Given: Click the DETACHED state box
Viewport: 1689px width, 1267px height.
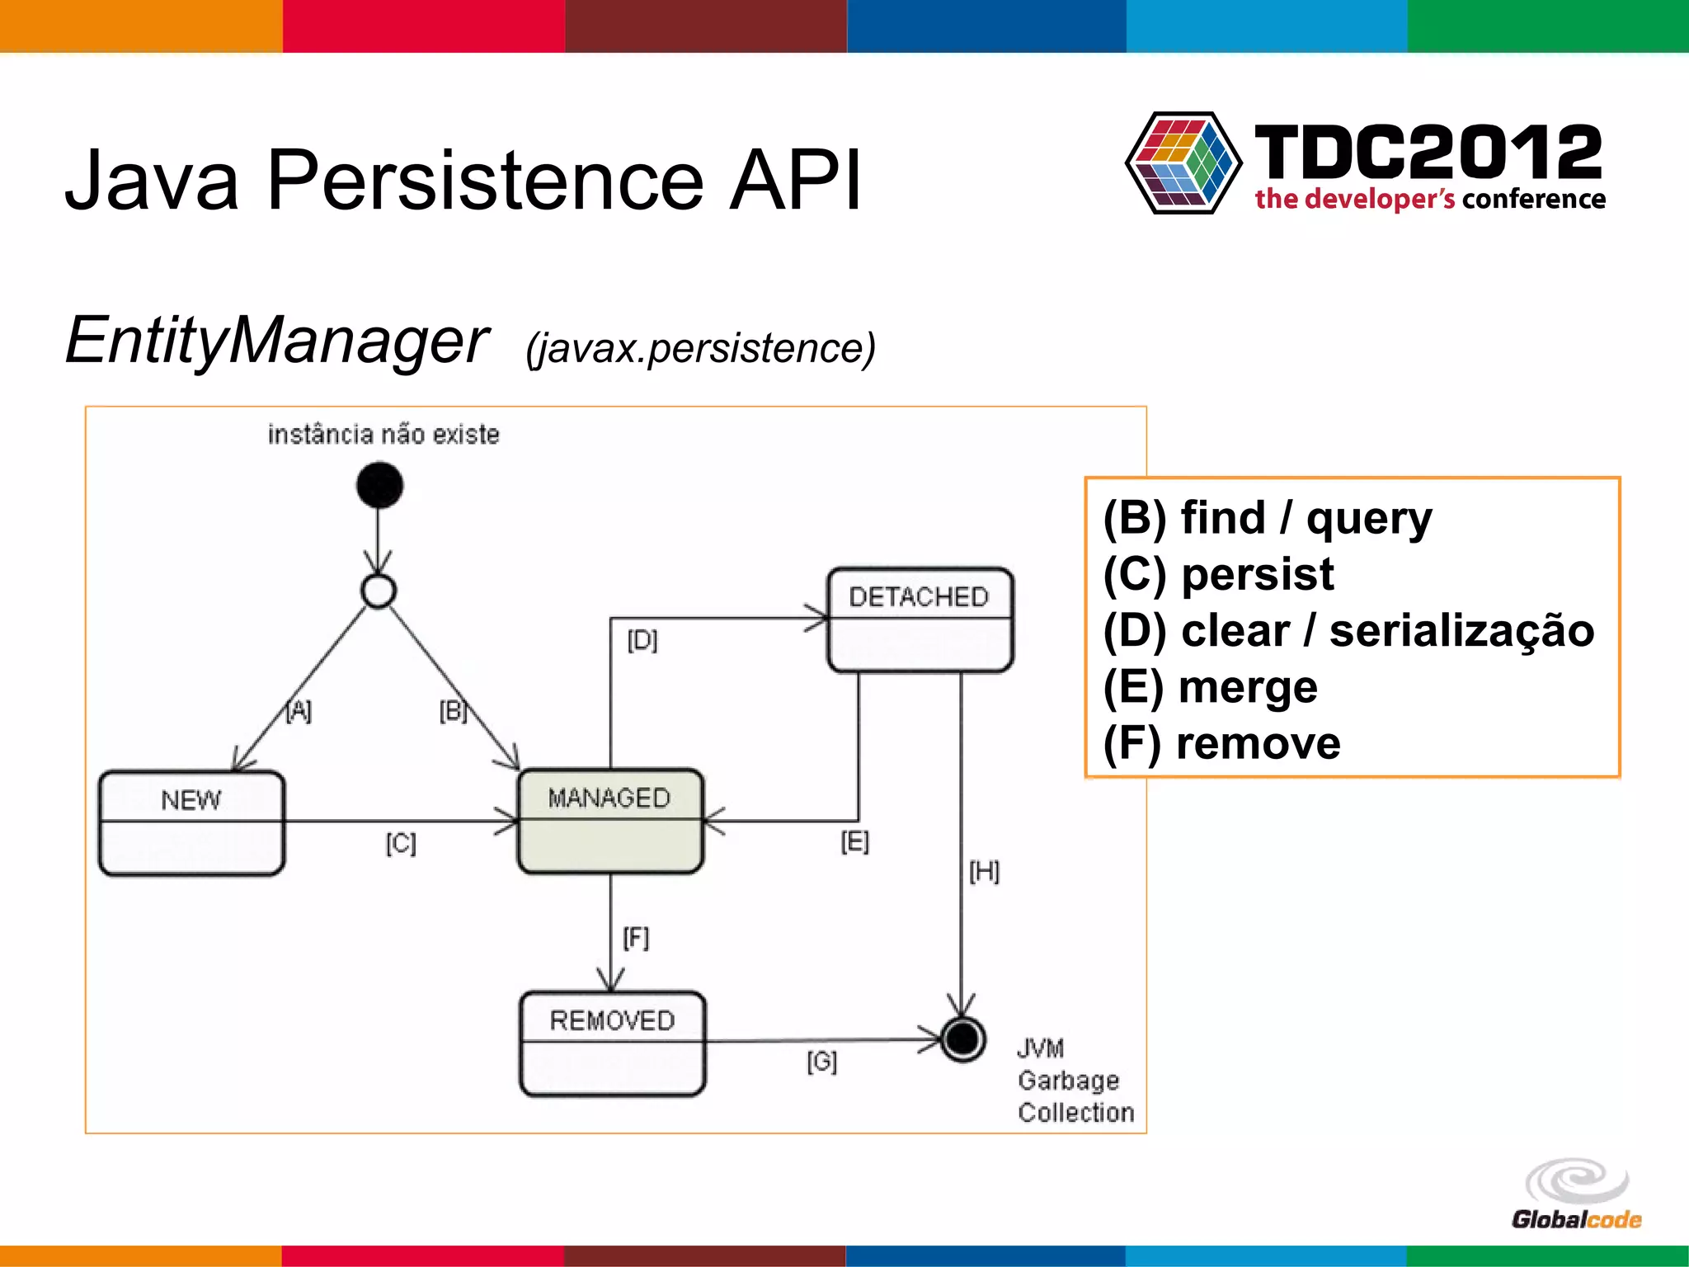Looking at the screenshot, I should coord(920,619).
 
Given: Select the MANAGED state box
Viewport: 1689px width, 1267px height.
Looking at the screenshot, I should coord(609,821).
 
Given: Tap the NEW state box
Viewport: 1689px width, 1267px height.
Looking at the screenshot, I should coord(191,822).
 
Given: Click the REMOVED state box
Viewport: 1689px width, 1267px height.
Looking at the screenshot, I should coord(612,1043).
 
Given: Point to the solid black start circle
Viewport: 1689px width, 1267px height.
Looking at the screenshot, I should coord(379,485).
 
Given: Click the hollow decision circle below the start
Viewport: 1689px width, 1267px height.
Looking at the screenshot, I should coord(379,591).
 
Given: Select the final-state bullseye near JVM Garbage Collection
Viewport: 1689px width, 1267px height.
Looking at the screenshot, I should coord(962,1039).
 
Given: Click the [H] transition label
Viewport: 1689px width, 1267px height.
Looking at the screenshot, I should coord(984,871).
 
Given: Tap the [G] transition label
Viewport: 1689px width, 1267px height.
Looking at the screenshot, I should coord(821,1061).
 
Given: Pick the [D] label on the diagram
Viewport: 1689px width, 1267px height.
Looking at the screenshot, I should coord(642,640).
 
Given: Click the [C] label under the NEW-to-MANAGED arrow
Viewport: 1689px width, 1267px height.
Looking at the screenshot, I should coord(401,843).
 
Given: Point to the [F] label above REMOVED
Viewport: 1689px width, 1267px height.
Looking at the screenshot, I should coord(636,938).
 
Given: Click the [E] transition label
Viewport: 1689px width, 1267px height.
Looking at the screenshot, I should coord(854,841).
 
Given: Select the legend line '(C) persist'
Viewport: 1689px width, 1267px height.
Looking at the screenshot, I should coord(1218,574).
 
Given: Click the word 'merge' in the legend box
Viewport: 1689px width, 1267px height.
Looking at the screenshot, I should coord(1248,687).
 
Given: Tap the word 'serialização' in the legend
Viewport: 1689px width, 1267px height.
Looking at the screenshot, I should coord(1461,631).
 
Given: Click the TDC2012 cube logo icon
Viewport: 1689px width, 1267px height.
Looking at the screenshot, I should coord(1183,162).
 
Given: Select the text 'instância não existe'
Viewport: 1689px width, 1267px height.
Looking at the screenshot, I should coord(383,435).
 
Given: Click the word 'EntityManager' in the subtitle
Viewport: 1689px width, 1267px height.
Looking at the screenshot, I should coord(277,340).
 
